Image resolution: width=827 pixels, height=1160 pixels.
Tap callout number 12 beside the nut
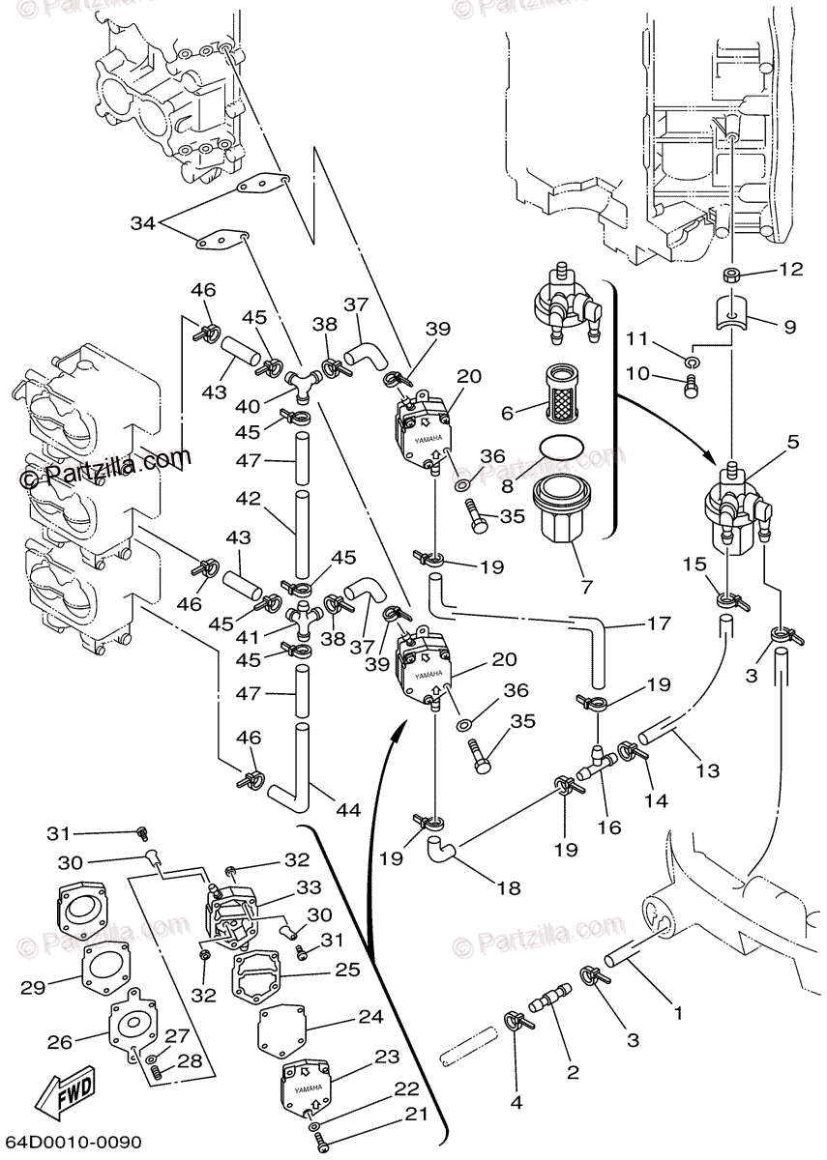click(791, 270)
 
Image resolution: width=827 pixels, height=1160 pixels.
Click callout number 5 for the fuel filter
click(794, 444)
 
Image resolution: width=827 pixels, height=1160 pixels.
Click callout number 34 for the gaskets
click(143, 224)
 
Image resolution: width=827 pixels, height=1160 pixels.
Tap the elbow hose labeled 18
click(444, 851)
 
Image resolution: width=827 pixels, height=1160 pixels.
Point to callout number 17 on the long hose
click(659, 624)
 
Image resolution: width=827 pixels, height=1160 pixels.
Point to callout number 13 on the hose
click(708, 770)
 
